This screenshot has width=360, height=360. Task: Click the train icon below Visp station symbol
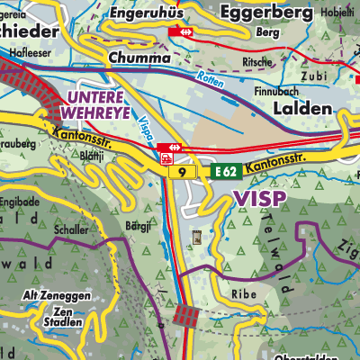[166, 157]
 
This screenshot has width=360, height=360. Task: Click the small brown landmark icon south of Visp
[197, 238]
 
